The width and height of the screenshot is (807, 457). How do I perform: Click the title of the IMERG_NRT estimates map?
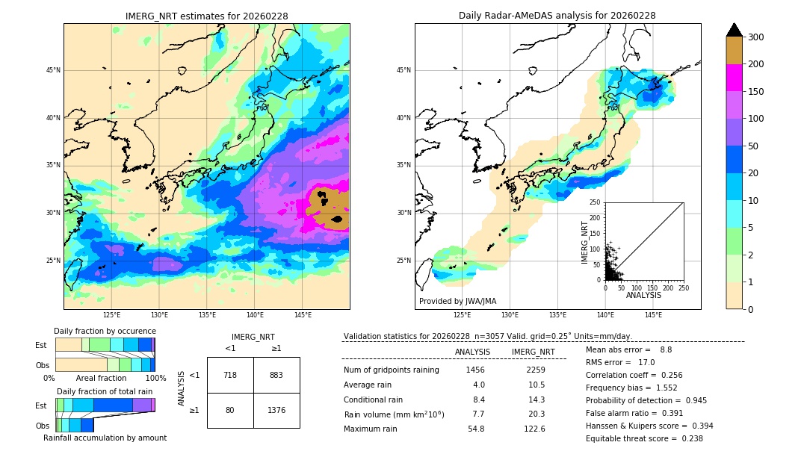[206, 16]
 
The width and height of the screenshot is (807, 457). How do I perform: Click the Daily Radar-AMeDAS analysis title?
[557, 16]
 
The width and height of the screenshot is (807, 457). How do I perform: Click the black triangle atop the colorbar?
[735, 30]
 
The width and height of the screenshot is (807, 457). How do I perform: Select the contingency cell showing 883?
[276, 375]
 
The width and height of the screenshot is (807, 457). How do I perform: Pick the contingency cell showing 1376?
[276, 410]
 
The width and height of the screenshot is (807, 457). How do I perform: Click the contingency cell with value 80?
[230, 410]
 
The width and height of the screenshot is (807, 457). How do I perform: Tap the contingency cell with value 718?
[230, 375]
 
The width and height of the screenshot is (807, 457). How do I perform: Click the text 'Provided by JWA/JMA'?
[457, 301]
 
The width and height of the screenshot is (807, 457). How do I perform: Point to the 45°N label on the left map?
[53, 70]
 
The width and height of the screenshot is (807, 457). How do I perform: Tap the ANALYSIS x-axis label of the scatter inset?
[643, 295]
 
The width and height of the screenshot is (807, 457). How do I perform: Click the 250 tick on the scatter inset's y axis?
[596, 202]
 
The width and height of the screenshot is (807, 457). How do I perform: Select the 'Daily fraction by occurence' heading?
[105, 331]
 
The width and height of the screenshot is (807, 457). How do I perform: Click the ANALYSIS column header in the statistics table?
[472, 352]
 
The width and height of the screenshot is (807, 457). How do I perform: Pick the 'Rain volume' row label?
[394, 414]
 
